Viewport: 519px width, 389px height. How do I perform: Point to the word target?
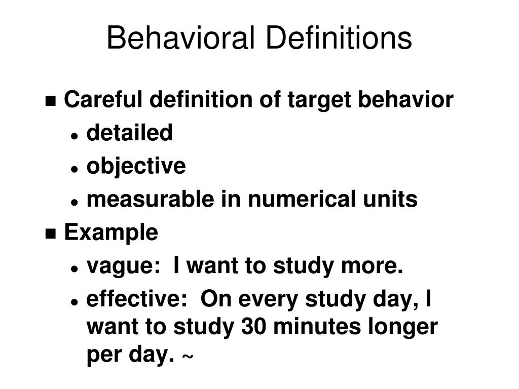click(320, 100)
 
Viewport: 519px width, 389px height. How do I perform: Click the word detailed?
click(130, 133)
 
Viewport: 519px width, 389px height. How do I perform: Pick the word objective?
click(136, 167)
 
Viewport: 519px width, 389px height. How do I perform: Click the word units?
click(394, 200)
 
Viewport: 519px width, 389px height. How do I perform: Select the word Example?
click(111, 233)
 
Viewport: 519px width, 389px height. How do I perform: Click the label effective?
click(133, 299)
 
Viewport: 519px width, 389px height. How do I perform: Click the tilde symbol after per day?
click(187, 358)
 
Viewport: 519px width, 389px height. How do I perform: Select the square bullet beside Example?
click(51, 234)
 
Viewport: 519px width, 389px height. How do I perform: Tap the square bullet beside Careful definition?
click(51, 101)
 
